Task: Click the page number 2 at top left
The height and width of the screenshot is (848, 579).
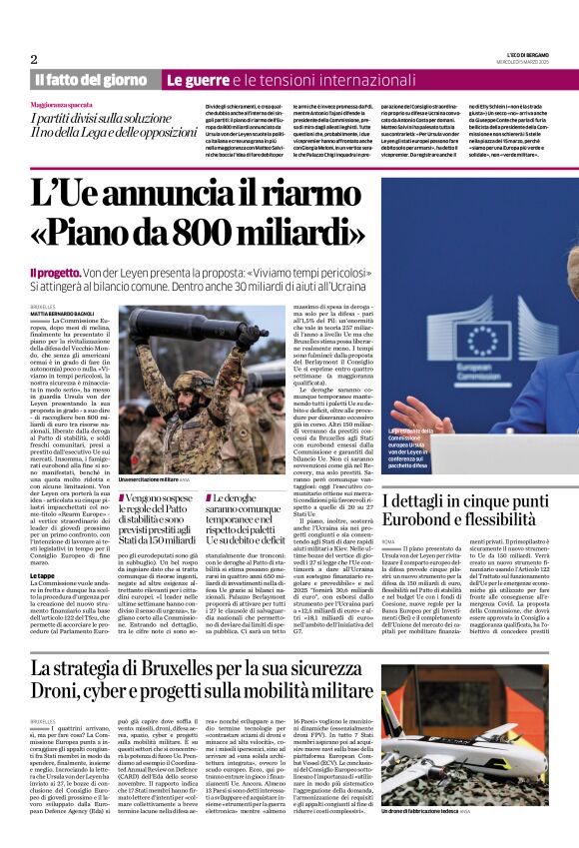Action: click(x=34, y=59)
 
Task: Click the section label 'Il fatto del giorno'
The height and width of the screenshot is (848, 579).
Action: click(x=91, y=79)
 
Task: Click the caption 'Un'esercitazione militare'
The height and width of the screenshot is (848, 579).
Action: click(x=154, y=452)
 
